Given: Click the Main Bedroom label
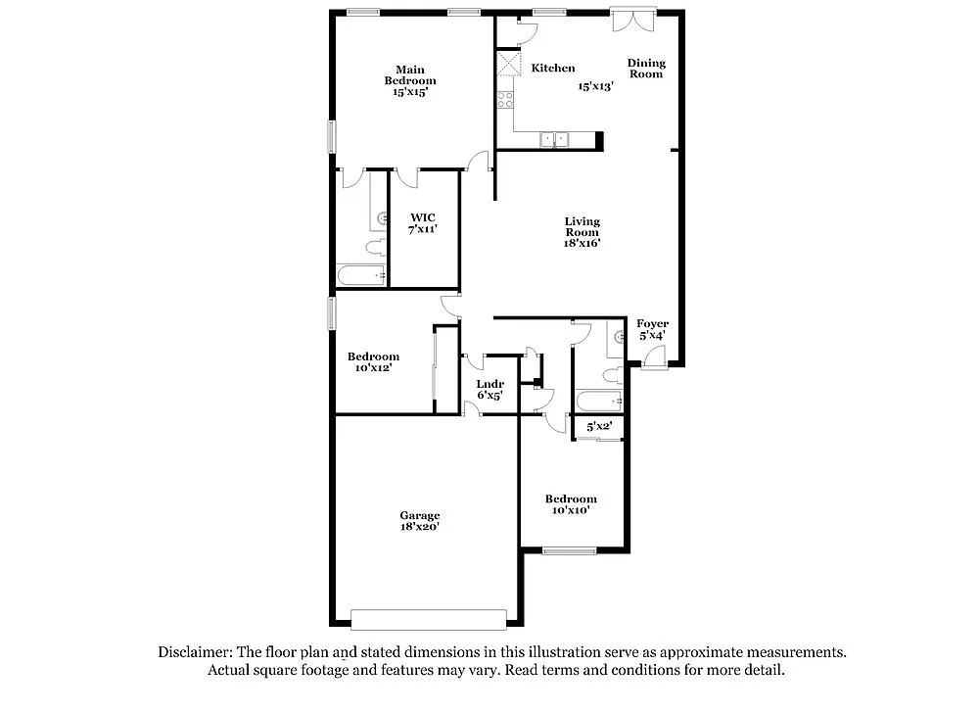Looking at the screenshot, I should [x=410, y=74].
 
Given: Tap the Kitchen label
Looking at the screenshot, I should [x=553, y=69].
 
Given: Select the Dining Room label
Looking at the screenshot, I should [x=646, y=69].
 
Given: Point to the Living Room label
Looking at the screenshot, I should [x=582, y=227].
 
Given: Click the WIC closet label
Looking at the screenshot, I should [x=423, y=217].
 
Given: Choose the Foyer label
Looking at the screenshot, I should [x=653, y=324].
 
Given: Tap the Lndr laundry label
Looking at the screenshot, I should [x=489, y=384].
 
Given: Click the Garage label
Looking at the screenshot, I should [x=419, y=515].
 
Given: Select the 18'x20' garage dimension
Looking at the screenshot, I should [x=419, y=527].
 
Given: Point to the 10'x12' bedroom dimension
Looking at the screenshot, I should [x=373, y=368].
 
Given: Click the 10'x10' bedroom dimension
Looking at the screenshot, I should [x=571, y=510].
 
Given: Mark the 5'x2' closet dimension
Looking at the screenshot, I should [x=598, y=426].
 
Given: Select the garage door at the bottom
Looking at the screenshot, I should [x=429, y=619].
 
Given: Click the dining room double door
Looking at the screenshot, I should [x=630, y=20].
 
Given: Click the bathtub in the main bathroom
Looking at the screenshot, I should [x=361, y=276].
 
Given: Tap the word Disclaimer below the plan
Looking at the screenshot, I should [x=195, y=651].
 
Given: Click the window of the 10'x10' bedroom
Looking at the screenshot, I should [x=570, y=551].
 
